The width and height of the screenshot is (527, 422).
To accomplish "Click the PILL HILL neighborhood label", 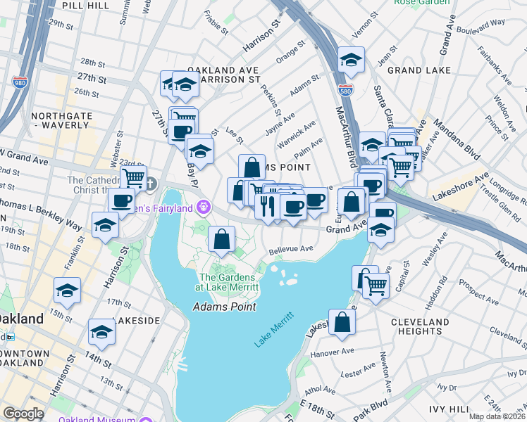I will pos(85,5).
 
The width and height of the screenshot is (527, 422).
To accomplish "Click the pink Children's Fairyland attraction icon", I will pos(204,206).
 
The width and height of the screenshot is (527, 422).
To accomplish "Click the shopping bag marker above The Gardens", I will pos(222,239).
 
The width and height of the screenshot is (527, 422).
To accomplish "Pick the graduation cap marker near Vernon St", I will pos(350,60).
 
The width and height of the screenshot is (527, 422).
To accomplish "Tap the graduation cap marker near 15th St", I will pos(68,289).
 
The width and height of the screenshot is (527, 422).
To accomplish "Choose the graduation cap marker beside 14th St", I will pos(101,331).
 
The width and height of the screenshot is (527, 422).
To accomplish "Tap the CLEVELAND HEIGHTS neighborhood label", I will pos(420,327).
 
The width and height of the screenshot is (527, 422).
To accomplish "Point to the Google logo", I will pos(23,414).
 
